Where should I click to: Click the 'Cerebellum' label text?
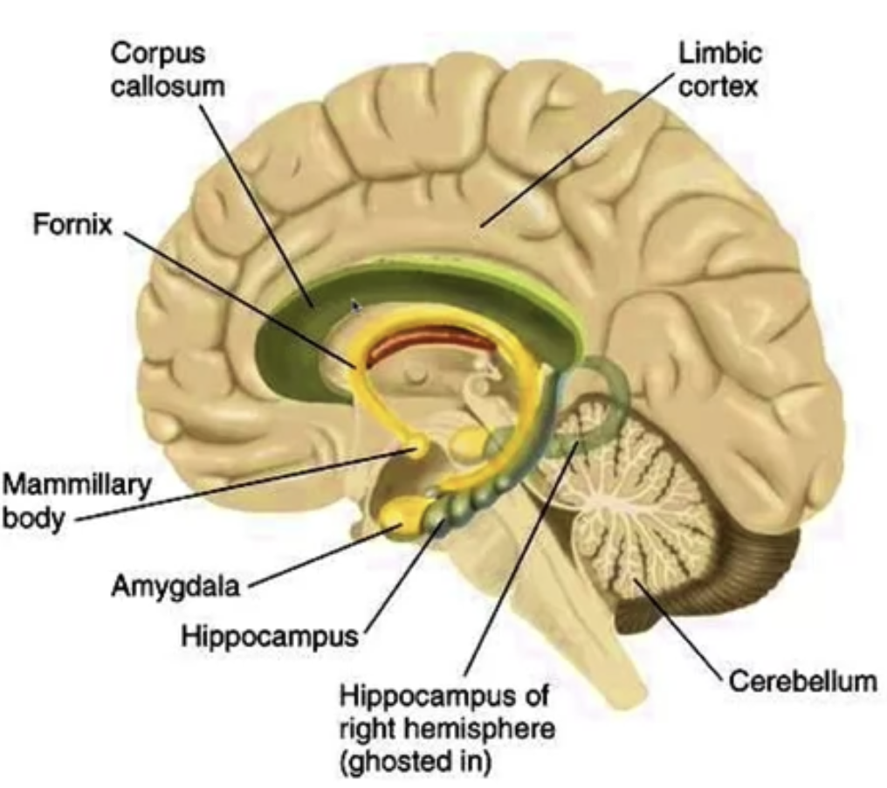802,681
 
